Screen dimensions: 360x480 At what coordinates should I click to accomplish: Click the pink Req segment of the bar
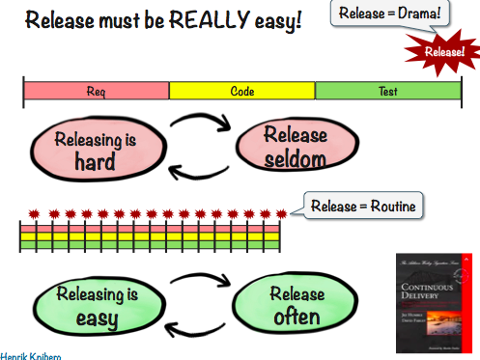coord(97,92)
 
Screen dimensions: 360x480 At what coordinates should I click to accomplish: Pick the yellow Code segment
coord(242,92)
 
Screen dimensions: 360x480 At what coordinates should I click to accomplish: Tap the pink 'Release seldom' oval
coord(294,147)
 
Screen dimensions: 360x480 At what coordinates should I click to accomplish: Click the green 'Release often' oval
coord(294,306)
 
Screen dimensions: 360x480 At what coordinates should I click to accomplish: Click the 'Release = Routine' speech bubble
coord(357,205)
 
